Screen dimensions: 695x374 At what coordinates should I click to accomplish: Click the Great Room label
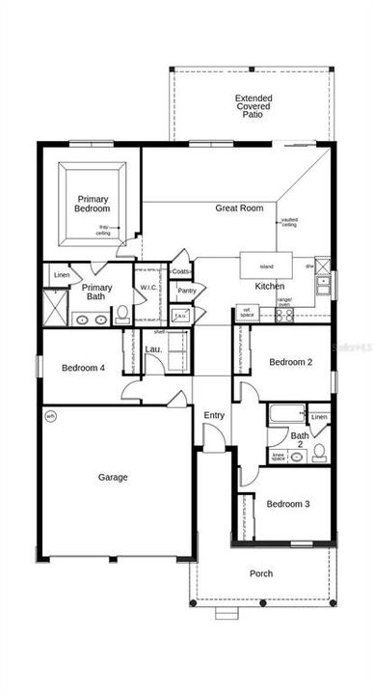tap(239, 208)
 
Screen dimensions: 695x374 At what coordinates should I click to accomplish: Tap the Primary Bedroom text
tap(93, 203)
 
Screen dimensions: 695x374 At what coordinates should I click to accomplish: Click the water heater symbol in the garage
tap(51, 417)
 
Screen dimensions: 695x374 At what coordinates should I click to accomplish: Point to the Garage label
tap(114, 477)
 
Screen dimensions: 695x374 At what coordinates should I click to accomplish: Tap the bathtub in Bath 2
tap(285, 417)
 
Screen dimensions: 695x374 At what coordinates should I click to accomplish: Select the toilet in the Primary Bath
tap(121, 314)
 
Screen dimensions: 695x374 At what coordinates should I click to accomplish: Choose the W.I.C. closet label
tap(148, 288)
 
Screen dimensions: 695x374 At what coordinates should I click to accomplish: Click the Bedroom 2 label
tap(290, 362)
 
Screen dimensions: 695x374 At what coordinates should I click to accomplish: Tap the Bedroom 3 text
tap(288, 504)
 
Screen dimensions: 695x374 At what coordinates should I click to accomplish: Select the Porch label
tap(261, 573)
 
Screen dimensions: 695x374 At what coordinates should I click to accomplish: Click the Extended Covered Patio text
tap(253, 106)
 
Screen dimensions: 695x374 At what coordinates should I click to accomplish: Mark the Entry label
tap(215, 415)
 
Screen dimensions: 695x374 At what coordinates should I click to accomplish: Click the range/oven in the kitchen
tap(285, 300)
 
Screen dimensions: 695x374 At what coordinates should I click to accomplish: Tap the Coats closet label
tap(181, 271)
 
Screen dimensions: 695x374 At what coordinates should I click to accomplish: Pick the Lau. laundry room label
tap(152, 348)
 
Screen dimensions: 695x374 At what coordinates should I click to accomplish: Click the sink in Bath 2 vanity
tap(297, 456)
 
